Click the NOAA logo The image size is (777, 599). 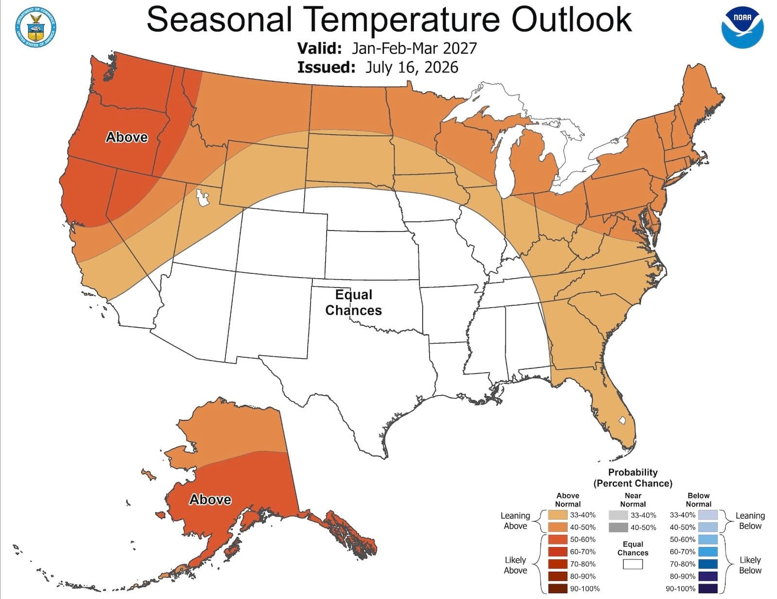(x=743, y=27)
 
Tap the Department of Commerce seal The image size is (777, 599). (x=36, y=27)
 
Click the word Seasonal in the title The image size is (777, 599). (x=219, y=19)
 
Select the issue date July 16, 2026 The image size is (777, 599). (x=411, y=67)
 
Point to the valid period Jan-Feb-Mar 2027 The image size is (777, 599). (x=414, y=48)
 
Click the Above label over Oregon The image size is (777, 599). (x=127, y=137)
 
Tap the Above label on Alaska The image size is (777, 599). (x=210, y=500)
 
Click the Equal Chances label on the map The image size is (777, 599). (x=353, y=302)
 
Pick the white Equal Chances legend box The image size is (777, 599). (x=633, y=564)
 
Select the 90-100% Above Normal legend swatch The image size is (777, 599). (x=557, y=589)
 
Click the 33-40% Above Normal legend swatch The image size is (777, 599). (x=557, y=515)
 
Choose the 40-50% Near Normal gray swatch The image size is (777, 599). (x=618, y=527)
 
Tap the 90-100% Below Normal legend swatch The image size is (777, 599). (x=708, y=589)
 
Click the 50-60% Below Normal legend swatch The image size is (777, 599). (x=708, y=539)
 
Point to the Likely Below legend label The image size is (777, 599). (x=750, y=565)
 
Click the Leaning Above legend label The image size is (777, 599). (x=515, y=521)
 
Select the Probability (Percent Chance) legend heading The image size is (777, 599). (x=633, y=478)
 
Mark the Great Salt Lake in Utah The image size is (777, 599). (x=203, y=198)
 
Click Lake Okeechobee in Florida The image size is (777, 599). (x=622, y=420)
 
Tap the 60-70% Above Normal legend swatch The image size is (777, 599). (x=557, y=552)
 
